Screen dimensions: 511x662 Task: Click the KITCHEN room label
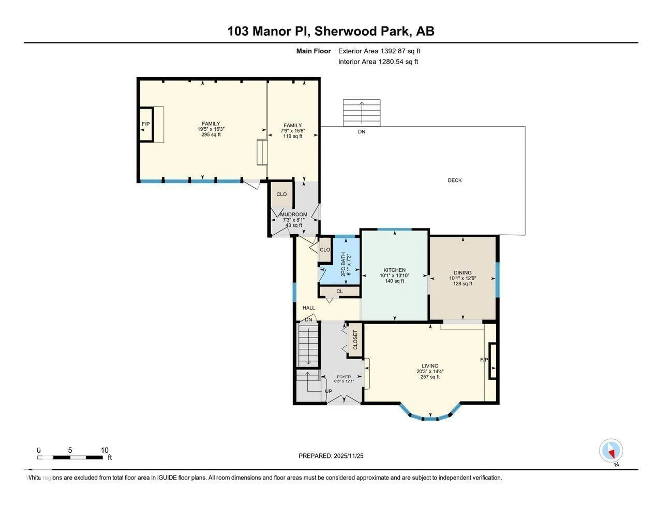pos(394,270)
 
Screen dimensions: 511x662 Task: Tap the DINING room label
pos(463,273)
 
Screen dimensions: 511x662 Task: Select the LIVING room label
pos(430,366)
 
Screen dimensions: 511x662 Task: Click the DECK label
pos(455,180)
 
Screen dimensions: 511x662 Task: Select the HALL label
pos(309,308)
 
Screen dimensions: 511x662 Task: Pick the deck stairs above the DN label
pos(362,113)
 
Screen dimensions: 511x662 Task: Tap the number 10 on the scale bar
pos(105,450)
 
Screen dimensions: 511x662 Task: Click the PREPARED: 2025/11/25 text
pos(331,456)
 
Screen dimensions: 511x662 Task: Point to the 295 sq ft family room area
pos(211,135)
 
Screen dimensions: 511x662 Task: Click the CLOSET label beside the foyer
pos(355,340)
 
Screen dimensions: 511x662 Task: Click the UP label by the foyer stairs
pos(328,391)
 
